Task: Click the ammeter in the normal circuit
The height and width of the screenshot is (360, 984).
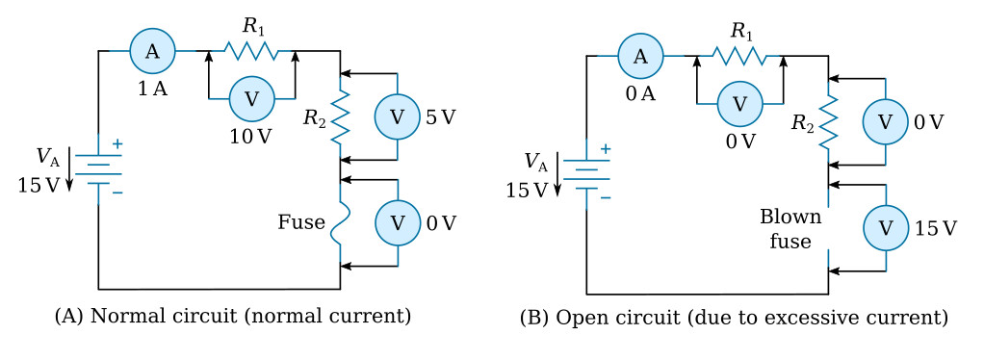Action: pos(152,51)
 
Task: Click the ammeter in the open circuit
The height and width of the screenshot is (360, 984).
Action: pos(640,56)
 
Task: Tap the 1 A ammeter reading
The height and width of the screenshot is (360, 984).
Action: pos(152,89)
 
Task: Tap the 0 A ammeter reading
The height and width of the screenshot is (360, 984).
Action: pos(640,93)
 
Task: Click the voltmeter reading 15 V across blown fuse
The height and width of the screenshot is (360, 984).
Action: pos(885,228)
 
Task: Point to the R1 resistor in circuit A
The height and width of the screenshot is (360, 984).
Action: pos(251,50)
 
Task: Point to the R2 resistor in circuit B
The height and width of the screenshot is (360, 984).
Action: pos(828,122)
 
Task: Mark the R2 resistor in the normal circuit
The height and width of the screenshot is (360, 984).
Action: pos(340,116)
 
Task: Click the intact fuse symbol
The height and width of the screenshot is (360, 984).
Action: pos(340,222)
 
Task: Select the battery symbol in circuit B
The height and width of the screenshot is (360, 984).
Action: pos(586,173)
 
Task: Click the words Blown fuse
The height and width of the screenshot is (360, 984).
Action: pos(790,228)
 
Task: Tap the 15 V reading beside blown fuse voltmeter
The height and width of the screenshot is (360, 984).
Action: pos(936,228)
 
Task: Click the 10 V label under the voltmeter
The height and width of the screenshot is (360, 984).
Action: pos(250,136)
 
